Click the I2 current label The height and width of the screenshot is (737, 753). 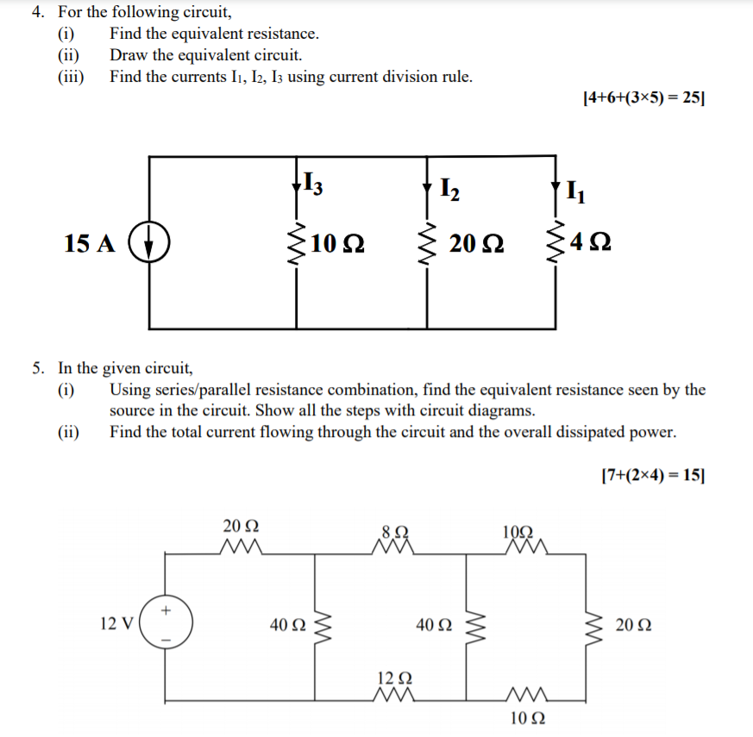[x=449, y=187]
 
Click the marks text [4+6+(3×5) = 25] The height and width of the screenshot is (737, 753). [x=643, y=97]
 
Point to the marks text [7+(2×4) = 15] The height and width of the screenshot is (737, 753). [x=651, y=474]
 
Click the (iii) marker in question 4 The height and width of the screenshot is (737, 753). [x=71, y=77]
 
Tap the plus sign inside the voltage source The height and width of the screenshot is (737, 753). [x=166, y=609]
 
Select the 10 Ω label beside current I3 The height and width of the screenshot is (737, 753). [x=337, y=244]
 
